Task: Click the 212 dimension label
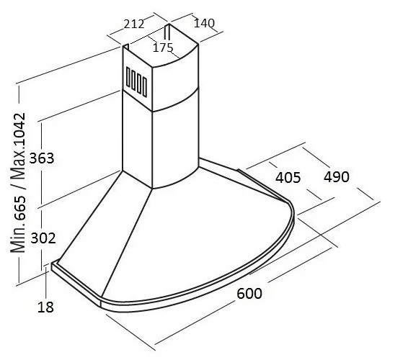[134, 24]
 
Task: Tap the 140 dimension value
[204, 23]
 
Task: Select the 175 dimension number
[163, 48]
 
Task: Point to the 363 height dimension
[42, 158]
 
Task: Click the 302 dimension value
[43, 238]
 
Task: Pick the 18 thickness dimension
[45, 307]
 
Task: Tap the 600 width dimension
[249, 293]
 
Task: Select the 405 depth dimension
[288, 177]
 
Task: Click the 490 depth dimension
[337, 176]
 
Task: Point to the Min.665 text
[18, 224]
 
